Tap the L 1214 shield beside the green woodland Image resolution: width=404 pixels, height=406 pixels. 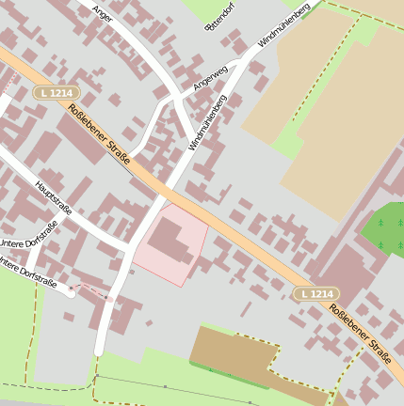pyautogui.click(x=315, y=294)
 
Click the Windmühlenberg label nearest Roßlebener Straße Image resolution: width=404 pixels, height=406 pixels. pyautogui.click(x=208, y=122)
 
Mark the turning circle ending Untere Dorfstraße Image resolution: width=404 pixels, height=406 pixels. pyautogui.click(x=71, y=292)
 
